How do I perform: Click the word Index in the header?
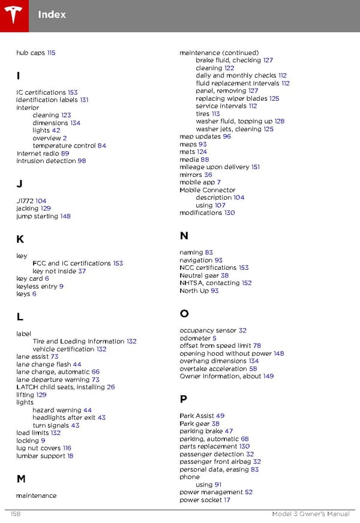[x=52, y=14]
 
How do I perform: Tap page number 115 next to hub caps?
[x=51, y=53]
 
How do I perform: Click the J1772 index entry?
[x=25, y=201]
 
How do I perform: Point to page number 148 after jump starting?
[x=65, y=217]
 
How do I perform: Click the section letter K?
[x=20, y=239]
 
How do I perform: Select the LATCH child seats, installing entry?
[x=61, y=387]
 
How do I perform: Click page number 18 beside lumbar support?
[x=70, y=456]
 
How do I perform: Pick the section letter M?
[x=20, y=479]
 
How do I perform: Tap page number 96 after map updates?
[x=227, y=137]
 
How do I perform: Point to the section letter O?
[x=184, y=314]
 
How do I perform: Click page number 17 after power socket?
[x=227, y=500]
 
